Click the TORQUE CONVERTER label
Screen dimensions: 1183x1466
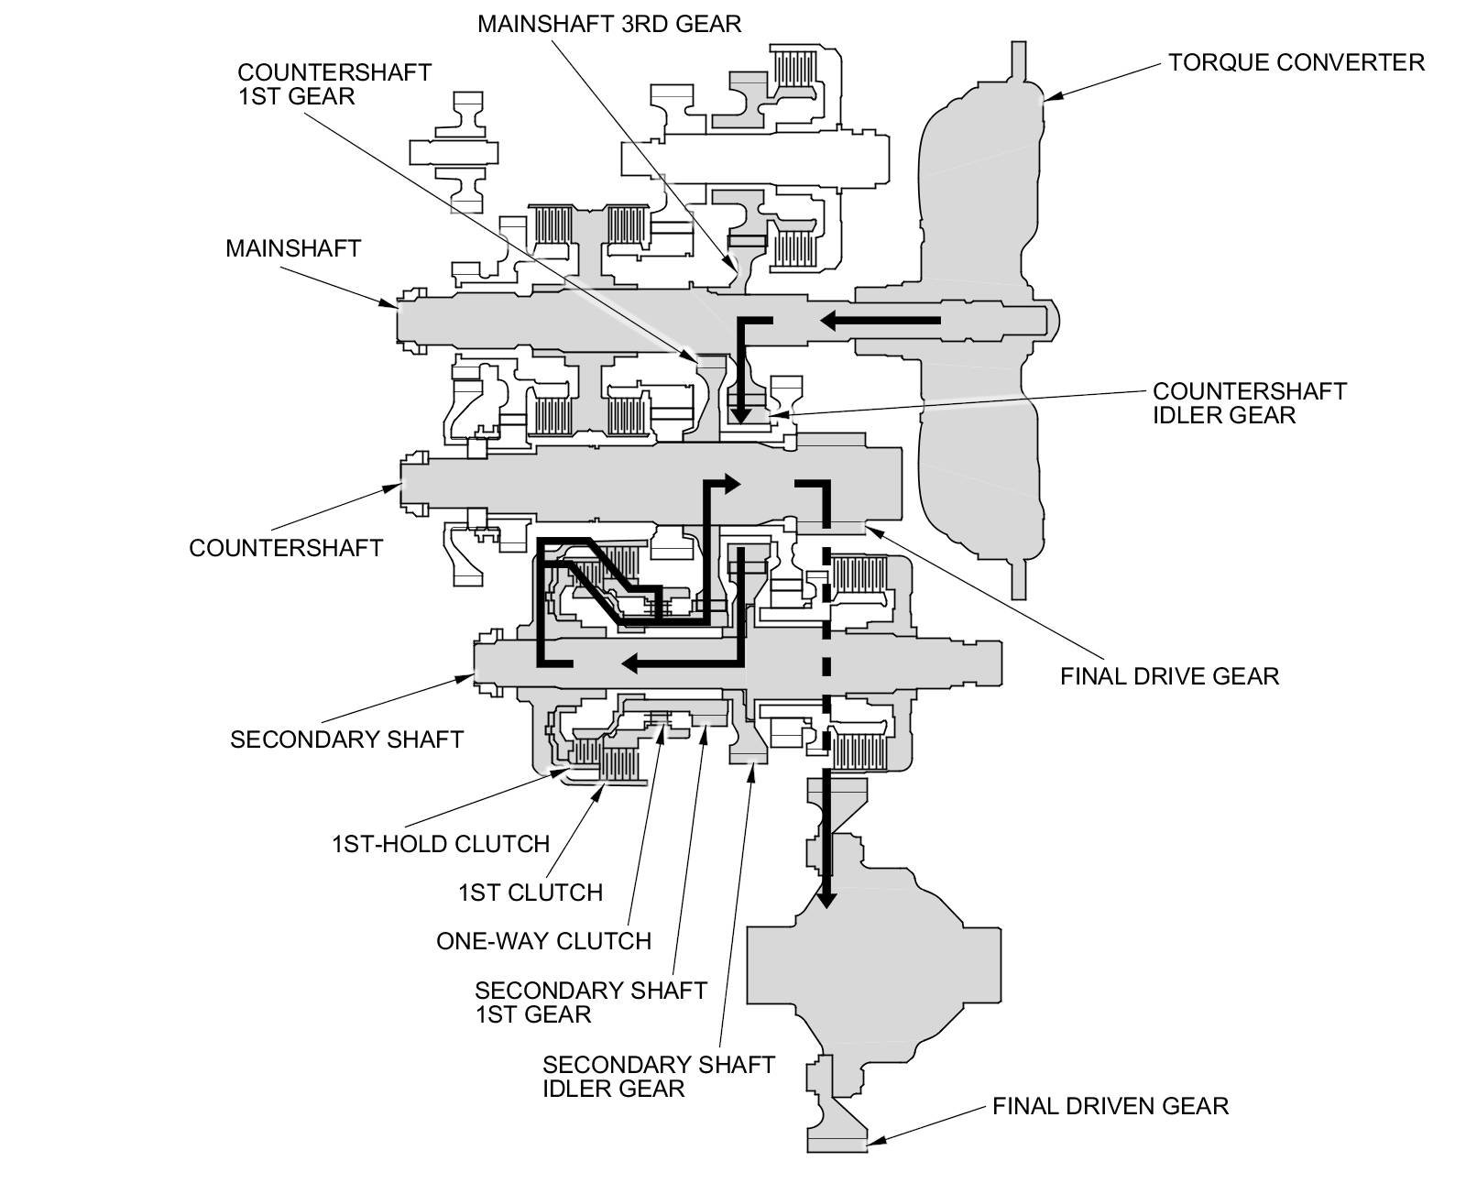[1296, 62]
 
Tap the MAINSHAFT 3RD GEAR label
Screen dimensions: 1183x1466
[608, 24]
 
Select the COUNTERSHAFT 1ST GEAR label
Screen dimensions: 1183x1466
[334, 83]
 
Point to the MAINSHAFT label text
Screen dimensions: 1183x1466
[293, 248]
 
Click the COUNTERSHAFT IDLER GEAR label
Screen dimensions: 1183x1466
[1249, 402]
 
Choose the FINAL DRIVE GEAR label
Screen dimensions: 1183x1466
[1169, 676]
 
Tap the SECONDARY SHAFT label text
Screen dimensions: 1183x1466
[346, 739]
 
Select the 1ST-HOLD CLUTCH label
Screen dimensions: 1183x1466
[440, 843]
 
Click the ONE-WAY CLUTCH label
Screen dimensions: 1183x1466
[543, 940]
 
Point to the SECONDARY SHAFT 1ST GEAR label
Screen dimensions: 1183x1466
[590, 1002]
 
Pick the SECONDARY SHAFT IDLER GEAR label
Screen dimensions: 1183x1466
[658, 1076]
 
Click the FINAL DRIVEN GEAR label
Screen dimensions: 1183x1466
[1110, 1106]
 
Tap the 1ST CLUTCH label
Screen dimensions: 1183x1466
[530, 892]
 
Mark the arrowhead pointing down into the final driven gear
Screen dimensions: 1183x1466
[826, 898]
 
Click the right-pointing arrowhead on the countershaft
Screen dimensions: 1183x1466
[730, 484]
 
